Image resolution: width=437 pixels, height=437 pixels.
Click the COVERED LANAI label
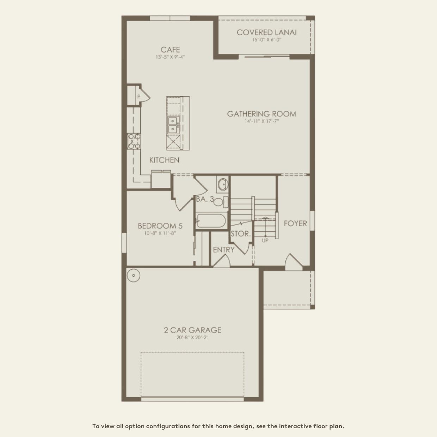tap(266, 32)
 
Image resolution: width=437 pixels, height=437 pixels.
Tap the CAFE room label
tap(170, 50)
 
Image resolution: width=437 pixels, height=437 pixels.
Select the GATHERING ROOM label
tap(261, 114)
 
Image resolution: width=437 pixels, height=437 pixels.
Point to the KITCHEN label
tap(164, 160)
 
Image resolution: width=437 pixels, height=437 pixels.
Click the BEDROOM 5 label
tap(160, 226)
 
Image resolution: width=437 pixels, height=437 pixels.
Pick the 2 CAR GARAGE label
tap(192, 330)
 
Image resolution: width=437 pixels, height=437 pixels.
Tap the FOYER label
tap(295, 223)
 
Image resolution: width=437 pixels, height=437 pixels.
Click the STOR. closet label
tap(241, 234)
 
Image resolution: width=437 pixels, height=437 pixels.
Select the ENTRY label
tap(224, 250)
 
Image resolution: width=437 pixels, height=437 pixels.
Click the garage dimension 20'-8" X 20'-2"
tap(192, 338)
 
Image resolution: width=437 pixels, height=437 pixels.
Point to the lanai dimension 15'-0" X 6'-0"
tap(266, 40)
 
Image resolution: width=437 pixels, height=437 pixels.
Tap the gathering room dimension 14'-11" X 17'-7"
tap(261, 121)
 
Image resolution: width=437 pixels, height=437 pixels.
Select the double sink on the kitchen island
tap(172, 125)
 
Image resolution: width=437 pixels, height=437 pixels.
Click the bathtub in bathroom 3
tap(210, 221)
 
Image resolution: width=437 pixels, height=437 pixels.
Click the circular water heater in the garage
tap(134, 276)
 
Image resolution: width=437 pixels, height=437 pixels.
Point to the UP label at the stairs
tap(265, 240)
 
